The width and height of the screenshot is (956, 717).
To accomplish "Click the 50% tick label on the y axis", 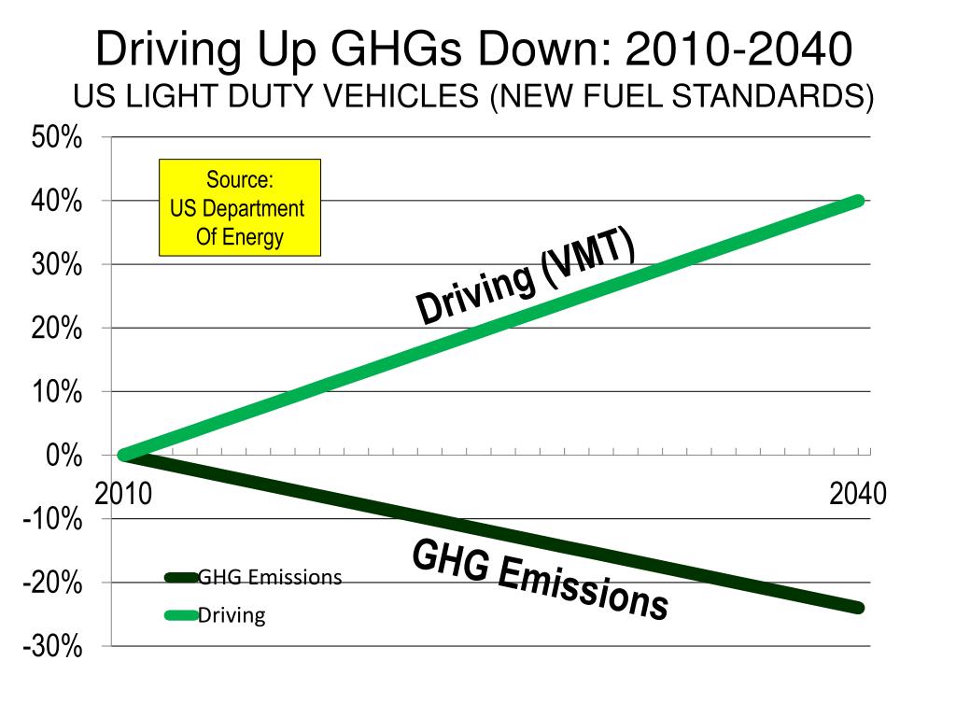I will [x=57, y=138].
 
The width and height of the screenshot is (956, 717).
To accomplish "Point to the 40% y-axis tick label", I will [x=57, y=202].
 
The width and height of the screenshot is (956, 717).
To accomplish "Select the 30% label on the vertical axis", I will [x=57, y=265].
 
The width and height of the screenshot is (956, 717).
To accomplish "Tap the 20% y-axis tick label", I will [x=57, y=329].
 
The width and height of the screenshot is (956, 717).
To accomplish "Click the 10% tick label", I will [x=57, y=392].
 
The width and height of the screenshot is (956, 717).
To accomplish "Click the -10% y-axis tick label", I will [x=52, y=519].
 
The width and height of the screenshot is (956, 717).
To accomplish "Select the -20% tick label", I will [x=52, y=583].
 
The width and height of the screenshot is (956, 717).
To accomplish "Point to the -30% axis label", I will [x=52, y=646].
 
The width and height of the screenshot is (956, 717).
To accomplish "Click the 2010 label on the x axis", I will [x=123, y=493].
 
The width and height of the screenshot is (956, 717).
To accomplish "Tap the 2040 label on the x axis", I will [x=857, y=493].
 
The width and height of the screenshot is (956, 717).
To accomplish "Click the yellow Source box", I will [x=239, y=207].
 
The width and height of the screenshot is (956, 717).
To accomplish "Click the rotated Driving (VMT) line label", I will [x=526, y=278].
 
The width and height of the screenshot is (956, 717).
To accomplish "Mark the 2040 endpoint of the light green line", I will [x=858, y=201].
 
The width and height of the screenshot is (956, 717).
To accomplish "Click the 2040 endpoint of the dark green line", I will [x=858, y=608].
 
